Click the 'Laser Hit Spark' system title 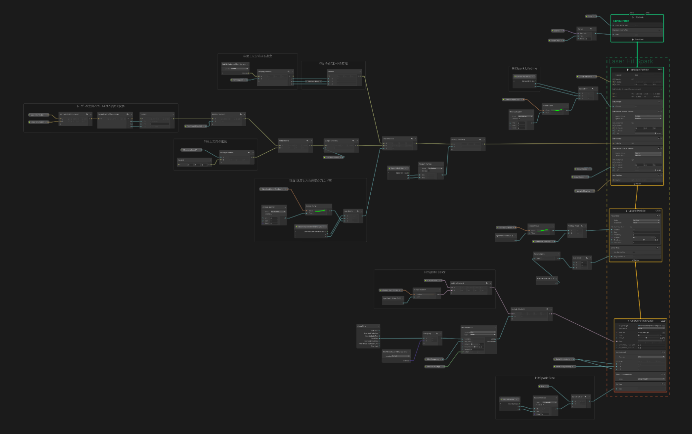[x=631, y=61]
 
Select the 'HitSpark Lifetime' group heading [x=524, y=68]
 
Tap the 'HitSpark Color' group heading [x=434, y=272]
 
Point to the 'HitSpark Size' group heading [x=545, y=378]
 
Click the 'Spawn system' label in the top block [x=621, y=21]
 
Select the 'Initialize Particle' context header [x=639, y=70]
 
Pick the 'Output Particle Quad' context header [x=640, y=321]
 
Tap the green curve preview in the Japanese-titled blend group [x=320, y=211]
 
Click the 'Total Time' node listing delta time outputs [x=368, y=336]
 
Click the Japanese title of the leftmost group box [x=100, y=106]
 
